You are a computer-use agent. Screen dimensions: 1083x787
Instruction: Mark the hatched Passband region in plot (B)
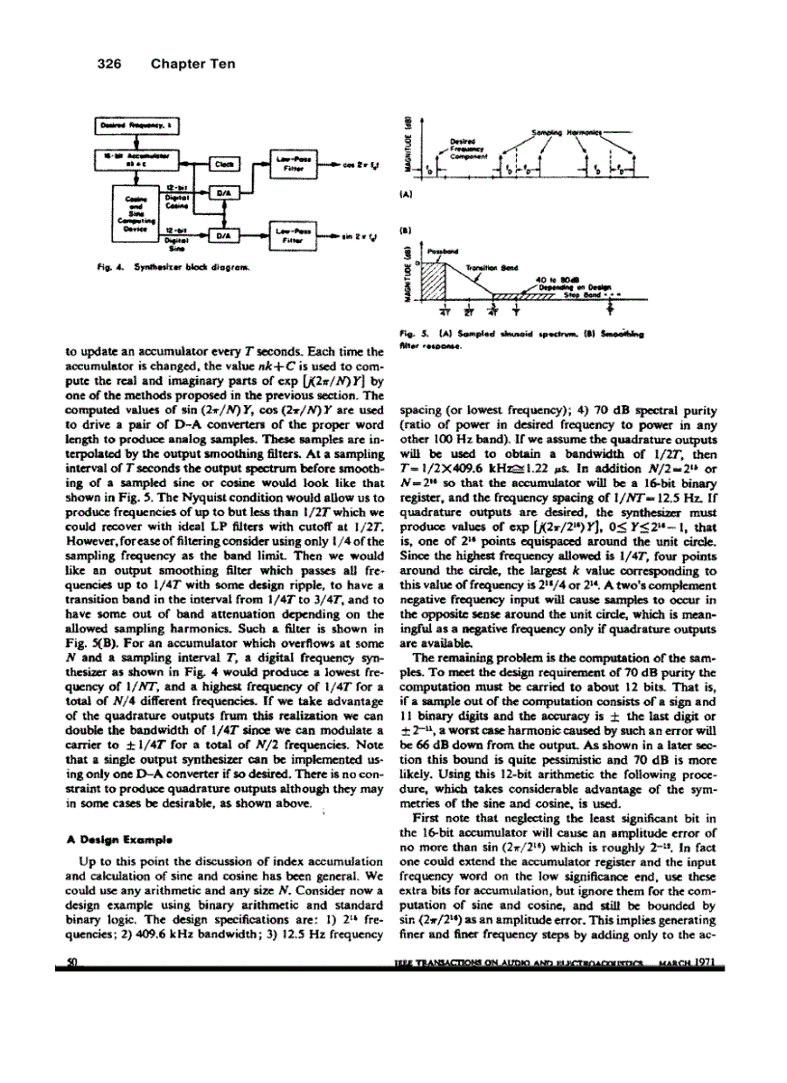click(x=438, y=281)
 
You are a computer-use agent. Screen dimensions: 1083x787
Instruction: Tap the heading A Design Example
click(x=105, y=839)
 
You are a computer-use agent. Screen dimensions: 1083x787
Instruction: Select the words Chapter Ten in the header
click(x=193, y=65)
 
